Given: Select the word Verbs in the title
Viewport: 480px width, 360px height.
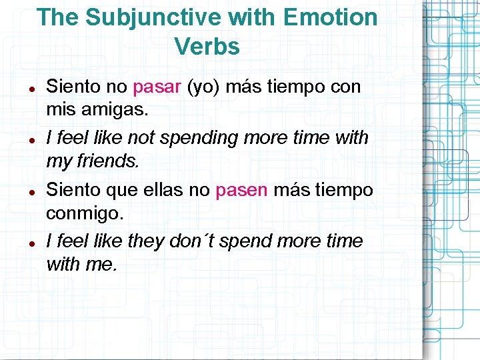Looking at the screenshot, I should coord(207,46).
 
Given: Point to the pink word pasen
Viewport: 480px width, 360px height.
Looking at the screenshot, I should coord(241,190).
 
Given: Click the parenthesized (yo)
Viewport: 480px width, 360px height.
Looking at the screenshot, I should coord(199,87).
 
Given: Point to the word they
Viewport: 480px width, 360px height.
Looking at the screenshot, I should coord(145,241).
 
